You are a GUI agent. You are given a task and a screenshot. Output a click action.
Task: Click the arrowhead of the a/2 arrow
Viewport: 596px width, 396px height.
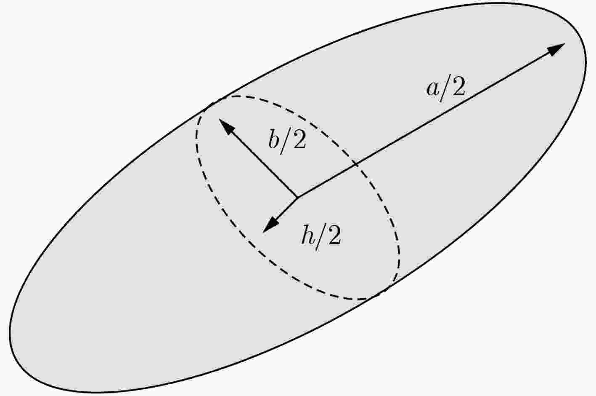coord(556,50)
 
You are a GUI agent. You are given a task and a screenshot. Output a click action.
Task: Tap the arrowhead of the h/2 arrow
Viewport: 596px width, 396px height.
coord(270,225)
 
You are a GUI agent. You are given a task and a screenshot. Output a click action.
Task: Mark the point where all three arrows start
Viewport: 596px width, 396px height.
coord(297,198)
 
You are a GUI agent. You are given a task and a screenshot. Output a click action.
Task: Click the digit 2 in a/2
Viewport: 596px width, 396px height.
coord(458,87)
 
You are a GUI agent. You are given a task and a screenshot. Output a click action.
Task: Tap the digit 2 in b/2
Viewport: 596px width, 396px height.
coord(299,139)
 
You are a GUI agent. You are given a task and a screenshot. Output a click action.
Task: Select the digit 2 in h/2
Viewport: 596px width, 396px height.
coord(334,235)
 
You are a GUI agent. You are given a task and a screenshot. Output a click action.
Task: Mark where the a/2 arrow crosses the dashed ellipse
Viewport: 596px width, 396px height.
coord(356,164)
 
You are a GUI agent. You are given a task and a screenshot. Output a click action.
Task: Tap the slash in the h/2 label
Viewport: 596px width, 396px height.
coord(320,238)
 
